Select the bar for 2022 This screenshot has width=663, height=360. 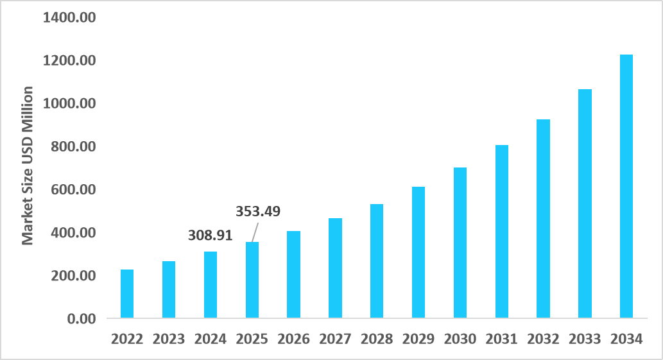127,294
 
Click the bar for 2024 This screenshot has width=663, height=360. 211,285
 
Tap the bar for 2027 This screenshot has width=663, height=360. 335,268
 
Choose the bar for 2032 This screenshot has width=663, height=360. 543,219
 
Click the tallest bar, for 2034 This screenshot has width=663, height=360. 626,186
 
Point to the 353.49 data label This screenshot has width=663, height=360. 259,211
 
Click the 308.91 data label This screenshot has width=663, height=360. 210,236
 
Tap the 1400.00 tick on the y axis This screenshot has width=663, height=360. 69,17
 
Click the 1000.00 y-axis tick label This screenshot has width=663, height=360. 69,104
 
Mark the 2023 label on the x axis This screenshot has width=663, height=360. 168,339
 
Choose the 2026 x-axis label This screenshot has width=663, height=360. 293,339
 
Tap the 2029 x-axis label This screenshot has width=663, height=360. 418,339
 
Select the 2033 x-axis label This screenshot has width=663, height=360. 585,339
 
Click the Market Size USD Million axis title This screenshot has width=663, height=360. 28,165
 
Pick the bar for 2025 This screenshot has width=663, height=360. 252,280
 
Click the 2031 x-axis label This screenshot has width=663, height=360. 501,339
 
